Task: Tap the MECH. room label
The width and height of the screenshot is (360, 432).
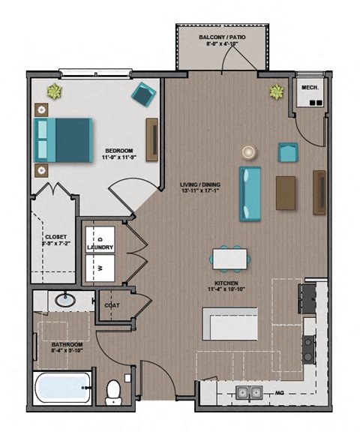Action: pyautogui.click(x=310, y=88)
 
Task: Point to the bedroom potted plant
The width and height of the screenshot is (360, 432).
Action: pyautogui.click(x=54, y=92)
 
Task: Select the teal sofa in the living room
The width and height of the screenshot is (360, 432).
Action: pyautogui.click(x=250, y=193)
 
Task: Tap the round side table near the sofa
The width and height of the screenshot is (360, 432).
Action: pyautogui.click(x=248, y=151)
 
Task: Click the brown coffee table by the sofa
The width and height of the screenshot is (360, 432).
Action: pyautogui.click(x=286, y=192)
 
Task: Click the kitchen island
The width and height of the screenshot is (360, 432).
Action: pyautogui.click(x=230, y=324)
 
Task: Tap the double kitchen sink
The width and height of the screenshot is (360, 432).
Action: pyautogui.click(x=248, y=391)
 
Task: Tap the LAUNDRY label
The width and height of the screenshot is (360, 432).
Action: pyautogui.click(x=100, y=247)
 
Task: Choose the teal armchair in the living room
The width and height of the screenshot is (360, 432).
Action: pyautogui.click(x=288, y=153)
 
